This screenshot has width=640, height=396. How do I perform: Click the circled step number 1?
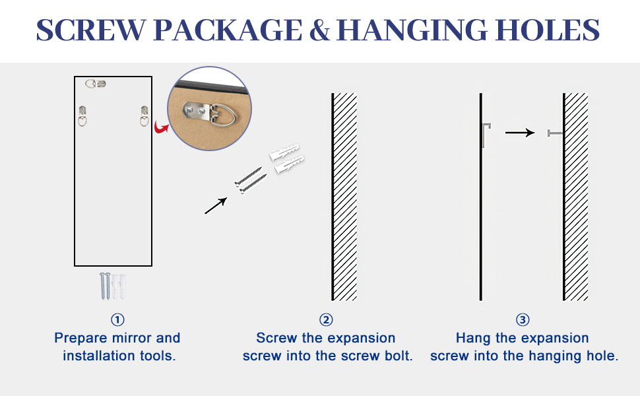tap(117, 320)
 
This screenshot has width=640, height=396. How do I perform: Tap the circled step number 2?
tap(326, 320)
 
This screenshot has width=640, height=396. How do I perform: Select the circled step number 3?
tap(523, 320)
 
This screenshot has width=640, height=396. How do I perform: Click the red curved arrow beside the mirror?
tap(159, 126)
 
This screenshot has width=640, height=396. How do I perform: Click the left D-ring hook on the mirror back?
tap(82, 116)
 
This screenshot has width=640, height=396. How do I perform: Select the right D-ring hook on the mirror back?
tap(144, 116)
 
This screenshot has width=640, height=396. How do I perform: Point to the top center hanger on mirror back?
tap(96, 84)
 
